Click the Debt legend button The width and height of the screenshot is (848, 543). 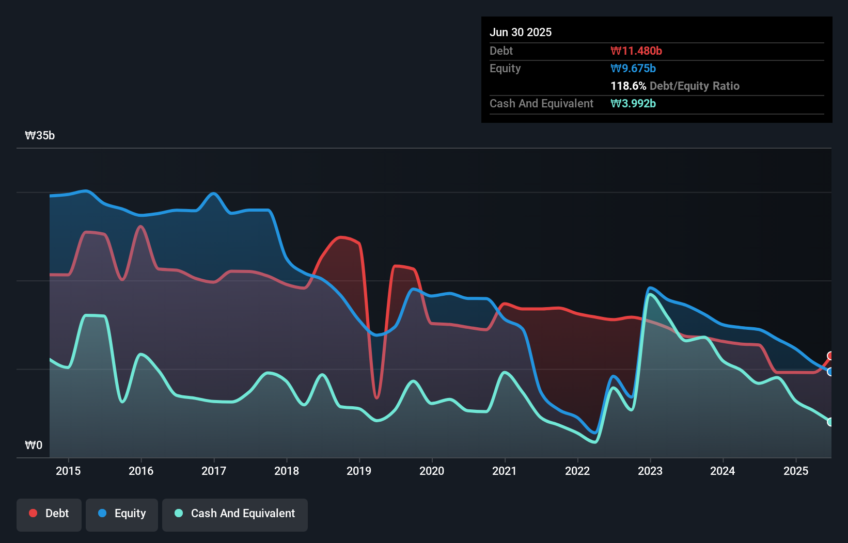click(x=49, y=514)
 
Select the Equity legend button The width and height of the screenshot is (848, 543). click(x=122, y=514)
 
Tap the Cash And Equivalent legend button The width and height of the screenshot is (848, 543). click(x=235, y=514)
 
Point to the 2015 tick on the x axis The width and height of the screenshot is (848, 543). click(x=68, y=471)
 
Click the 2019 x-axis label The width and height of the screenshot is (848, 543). click(x=359, y=471)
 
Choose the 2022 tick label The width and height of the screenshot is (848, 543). click(x=577, y=471)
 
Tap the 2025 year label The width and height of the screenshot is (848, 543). click(x=796, y=471)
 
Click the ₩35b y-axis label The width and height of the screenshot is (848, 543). click(x=40, y=136)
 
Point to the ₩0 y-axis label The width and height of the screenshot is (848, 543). click(x=34, y=445)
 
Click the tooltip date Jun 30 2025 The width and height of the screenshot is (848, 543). click(x=521, y=32)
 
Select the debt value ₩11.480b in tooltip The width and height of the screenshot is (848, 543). click(x=636, y=51)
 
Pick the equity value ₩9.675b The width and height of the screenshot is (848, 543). click(x=633, y=68)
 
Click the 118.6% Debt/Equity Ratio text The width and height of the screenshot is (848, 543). click(x=674, y=86)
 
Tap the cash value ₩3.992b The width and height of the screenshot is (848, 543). click(x=633, y=103)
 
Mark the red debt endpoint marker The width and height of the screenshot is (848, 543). click(x=830, y=356)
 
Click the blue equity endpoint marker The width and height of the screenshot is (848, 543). click(x=830, y=372)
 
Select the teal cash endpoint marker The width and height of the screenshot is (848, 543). click(x=830, y=422)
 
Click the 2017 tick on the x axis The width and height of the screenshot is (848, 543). click(x=214, y=471)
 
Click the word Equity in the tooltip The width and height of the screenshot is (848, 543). click(x=505, y=68)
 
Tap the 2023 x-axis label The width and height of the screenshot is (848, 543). click(x=650, y=471)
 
